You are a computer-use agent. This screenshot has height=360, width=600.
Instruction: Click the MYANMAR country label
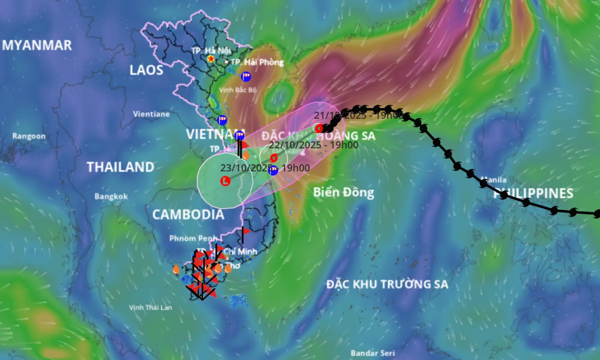pyautogui.click(x=37, y=45)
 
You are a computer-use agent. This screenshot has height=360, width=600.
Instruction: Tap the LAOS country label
pyautogui.click(x=147, y=70)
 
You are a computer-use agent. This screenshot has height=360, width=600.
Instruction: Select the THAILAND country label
pyautogui.click(x=120, y=167)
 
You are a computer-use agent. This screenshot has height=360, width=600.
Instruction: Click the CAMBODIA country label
pyautogui.click(x=188, y=214)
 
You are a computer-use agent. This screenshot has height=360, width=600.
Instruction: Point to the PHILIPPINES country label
pyautogui.click(x=533, y=194)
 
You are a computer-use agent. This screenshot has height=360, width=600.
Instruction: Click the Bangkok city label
pyautogui.click(x=111, y=196)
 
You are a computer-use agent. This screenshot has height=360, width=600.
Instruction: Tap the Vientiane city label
pyautogui.click(x=151, y=114)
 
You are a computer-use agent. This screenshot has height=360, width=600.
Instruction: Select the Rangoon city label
pyautogui.click(x=29, y=136)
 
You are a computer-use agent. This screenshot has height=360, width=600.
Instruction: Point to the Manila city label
pyautogui.click(x=494, y=180)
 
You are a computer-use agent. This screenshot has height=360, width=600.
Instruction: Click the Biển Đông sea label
pyautogui.click(x=344, y=192)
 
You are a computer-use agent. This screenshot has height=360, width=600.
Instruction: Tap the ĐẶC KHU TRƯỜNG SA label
pyautogui.click(x=387, y=284)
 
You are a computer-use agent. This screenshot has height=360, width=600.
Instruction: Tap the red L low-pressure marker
pyautogui.click(x=225, y=181)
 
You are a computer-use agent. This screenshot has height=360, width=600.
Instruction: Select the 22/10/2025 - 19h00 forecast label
pyautogui.click(x=313, y=145)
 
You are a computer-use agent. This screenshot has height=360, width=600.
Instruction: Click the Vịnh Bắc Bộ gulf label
pyautogui.click(x=238, y=90)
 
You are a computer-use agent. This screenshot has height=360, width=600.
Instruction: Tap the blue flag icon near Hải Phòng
pyautogui.click(x=246, y=77)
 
